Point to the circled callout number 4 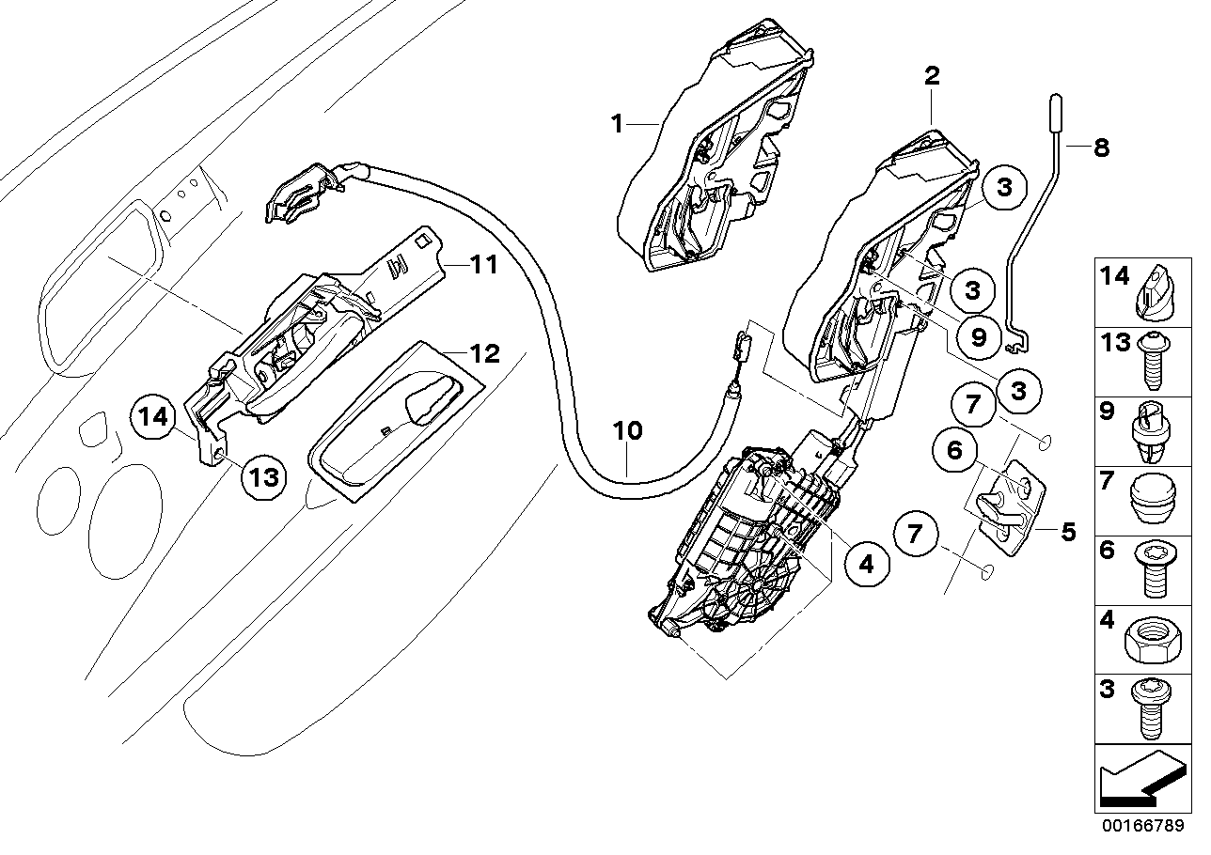[867, 564]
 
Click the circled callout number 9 [979, 337]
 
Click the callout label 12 [485, 353]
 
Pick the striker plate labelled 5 [1006, 507]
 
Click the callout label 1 [617, 124]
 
